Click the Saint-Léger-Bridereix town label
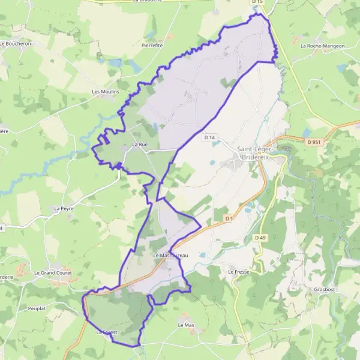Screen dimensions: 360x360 click(x=256, y=153)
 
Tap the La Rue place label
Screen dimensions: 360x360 click(x=140, y=145)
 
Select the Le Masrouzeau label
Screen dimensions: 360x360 click(x=170, y=256)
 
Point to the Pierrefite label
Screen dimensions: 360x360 click(x=152, y=45)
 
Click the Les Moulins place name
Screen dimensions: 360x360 click(x=106, y=92)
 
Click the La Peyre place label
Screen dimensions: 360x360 click(x=63, y=209)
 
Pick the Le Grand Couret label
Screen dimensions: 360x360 click(x=53, y=272)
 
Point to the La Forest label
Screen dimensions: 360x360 click(x=107, y=332)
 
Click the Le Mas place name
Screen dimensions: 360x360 click(x=186, y=325)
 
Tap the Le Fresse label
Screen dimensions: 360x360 click(x=238, y=271)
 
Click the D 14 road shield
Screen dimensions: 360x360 click(x=209, y=137)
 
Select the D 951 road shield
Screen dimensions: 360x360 click(x=313, y=142)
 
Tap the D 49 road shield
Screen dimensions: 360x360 click(x=260, y=238)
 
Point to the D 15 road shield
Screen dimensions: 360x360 click(x=257, y=2)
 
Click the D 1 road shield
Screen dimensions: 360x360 click(x=228, y=218)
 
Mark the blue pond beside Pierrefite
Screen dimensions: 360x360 click(x=115, y=62)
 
